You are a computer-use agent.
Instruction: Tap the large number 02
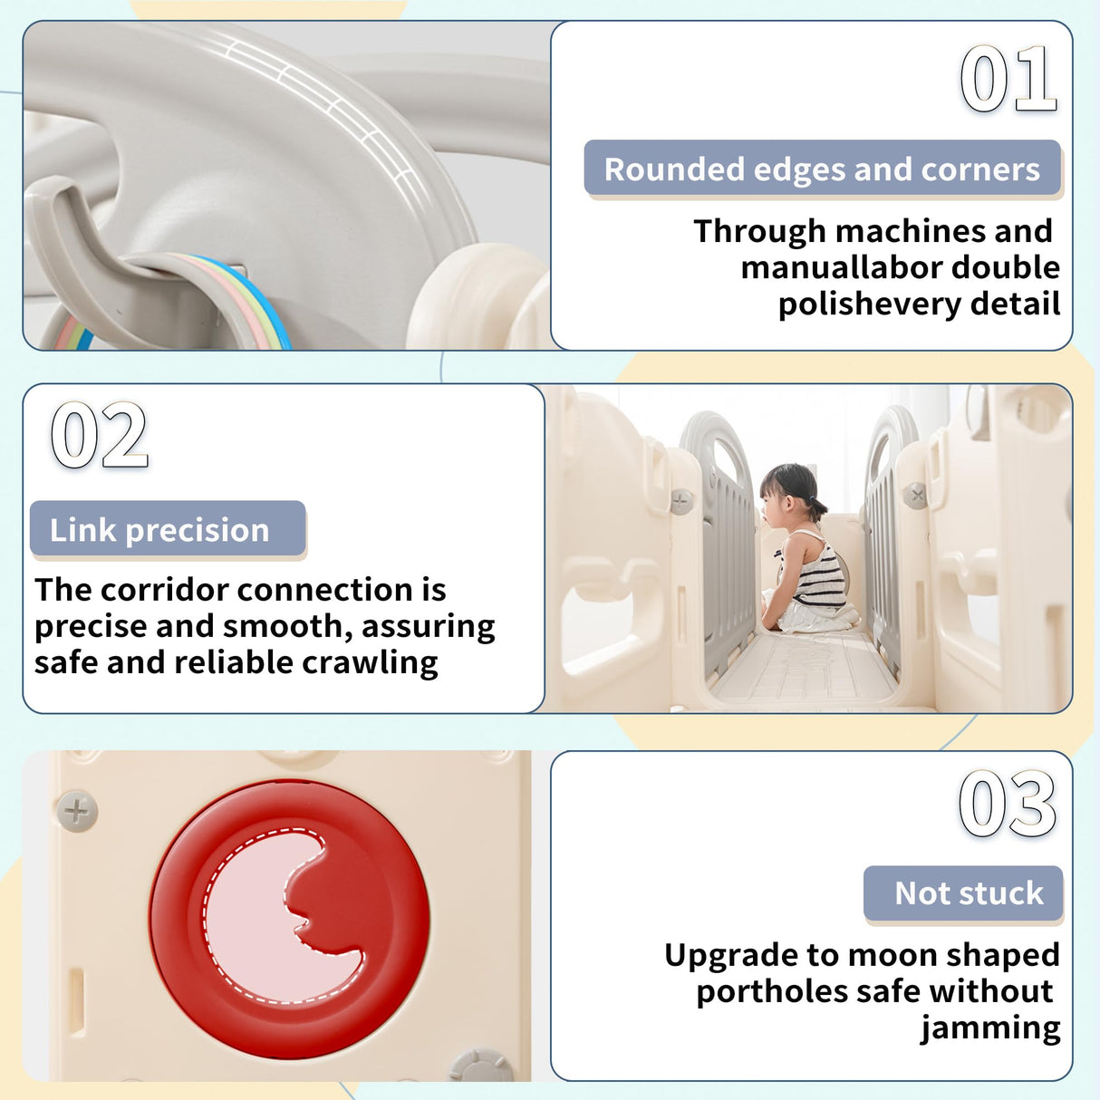tap(100, 435)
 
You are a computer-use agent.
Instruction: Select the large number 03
tap(1008, 803)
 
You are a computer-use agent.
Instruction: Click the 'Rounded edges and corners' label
tap(822, 169)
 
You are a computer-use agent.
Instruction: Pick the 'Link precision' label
tap(168, 529)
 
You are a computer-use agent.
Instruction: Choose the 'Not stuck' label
tap(963, 893)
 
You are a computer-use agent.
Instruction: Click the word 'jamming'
tap(989, 1028)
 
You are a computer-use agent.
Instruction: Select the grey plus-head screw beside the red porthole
tap(77, 811)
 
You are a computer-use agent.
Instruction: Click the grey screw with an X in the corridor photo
tap(915, 495)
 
